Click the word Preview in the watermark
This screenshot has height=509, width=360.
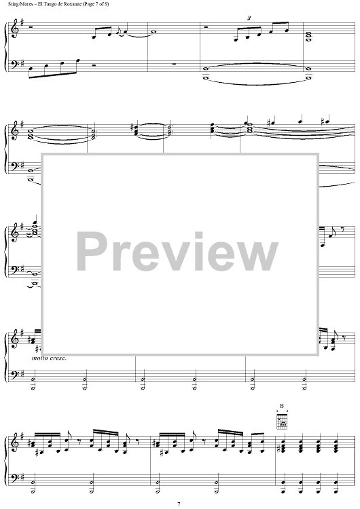(x=177, y=252)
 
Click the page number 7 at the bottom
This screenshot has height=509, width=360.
(x=179, y=504)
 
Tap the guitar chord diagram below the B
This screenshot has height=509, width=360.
(x=282, y=419)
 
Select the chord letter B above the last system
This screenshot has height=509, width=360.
(x=282, y=406)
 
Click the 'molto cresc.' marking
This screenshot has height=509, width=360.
(x=49, y=358)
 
